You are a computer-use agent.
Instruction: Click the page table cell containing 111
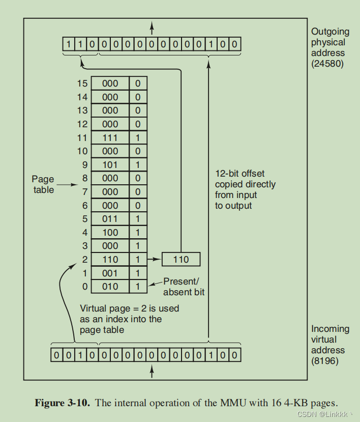pyautogui.click(x=110, y=138)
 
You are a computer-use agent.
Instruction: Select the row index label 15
pyautogui.click(x=82, y=83)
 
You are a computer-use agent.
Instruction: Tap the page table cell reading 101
pyautogui.click(x=110, y=165)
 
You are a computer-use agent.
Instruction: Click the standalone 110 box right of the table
pyautogui.click(x=181, y=260)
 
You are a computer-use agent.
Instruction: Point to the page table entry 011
pyautogui.click(x=110, y=219)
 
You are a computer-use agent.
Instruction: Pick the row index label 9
pyautogui.click(x=84, y=165)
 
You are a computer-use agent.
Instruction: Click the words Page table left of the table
pyautogui.click(x=43, y=184)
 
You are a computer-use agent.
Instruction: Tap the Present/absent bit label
pyautogui.click(x=183, y=287)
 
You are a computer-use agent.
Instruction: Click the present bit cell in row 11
pyautogui.click(x=138, y=138)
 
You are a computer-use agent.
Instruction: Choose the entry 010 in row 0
pyautogui.click(x=110, y=287)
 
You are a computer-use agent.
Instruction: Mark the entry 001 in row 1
pyautogui.click(x=110, y=273)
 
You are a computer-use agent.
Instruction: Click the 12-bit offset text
pyautogui.click(x=239, y=174)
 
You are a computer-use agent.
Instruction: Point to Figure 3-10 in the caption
pyautogui.click(x=63, y=403)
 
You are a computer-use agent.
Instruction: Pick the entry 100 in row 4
pyautogui.click(x=110, y=233)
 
